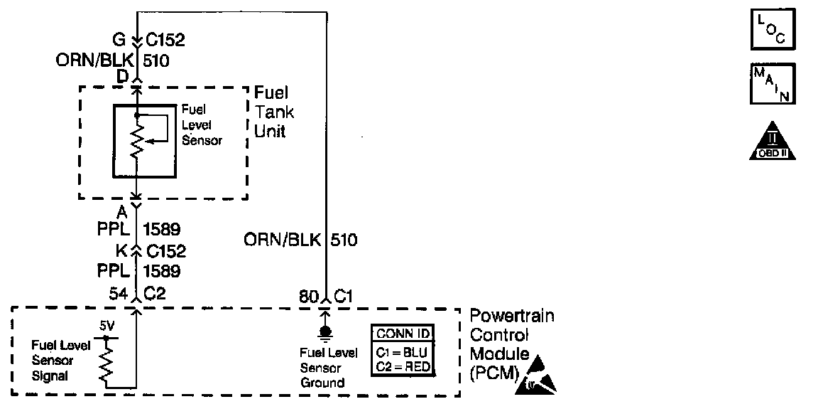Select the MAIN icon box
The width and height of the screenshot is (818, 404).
coord(773,83)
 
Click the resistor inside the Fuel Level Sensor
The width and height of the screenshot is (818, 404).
coord(137,139)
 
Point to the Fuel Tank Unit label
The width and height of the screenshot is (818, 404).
coord(275,112)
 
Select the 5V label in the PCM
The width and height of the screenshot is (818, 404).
coord(106,326)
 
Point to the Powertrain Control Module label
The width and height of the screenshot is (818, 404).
coord(511,344)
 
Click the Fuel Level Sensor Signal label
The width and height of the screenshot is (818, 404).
coord(60,361)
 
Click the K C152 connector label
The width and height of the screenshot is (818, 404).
coord(151,251)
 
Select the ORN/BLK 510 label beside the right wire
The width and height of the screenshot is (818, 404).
coord(300,240)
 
